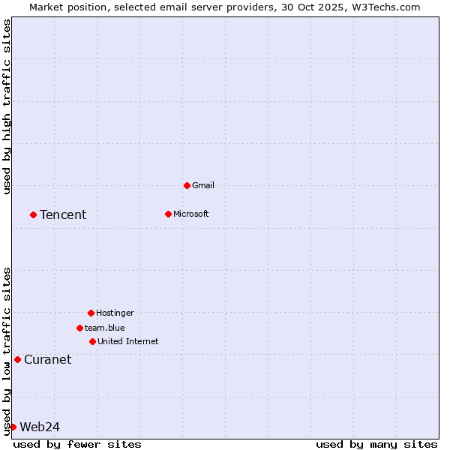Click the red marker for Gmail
click(187, 185)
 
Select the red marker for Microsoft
click(168, 214)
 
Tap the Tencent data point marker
click(33, 214)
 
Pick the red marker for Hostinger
click(91, 313)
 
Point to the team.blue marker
click(79, 328)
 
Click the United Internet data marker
click(92, 341)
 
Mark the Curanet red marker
click(17, 359)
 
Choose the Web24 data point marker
click(13, 427)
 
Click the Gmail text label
click(203, 185)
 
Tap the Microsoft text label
click(190, 214)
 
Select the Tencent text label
click(63, 214)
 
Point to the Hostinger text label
click(115, 313)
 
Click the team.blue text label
click(104, 328)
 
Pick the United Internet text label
click(127, 341)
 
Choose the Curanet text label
click(47, 359)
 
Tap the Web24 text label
click(40, 427)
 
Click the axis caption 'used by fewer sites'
click(77, 444)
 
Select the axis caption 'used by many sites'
click(376, 444)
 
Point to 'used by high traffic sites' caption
click(7, 106)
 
